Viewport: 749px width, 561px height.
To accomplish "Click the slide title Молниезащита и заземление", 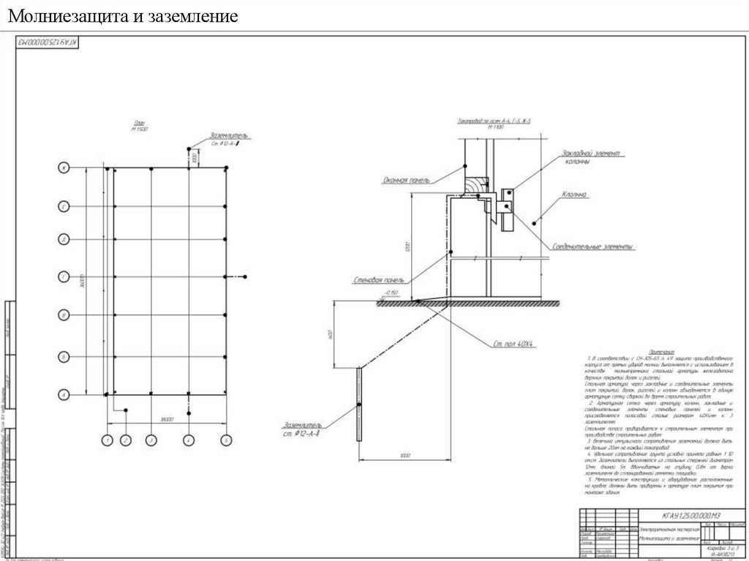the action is pos(124,15).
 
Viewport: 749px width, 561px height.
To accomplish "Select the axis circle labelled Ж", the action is pos(64,168).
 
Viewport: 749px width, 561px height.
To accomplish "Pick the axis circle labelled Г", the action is pos(64,276).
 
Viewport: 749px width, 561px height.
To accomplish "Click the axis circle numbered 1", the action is pos(107,440).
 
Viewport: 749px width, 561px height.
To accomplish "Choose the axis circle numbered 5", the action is pos(226,440).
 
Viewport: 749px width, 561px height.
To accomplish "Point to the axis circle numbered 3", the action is pos(151,440).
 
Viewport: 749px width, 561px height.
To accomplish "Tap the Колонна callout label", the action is pos(576,195).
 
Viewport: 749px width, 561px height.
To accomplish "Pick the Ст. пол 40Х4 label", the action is pos(513,343).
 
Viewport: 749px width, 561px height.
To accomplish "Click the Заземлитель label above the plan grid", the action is pos(229,135).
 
